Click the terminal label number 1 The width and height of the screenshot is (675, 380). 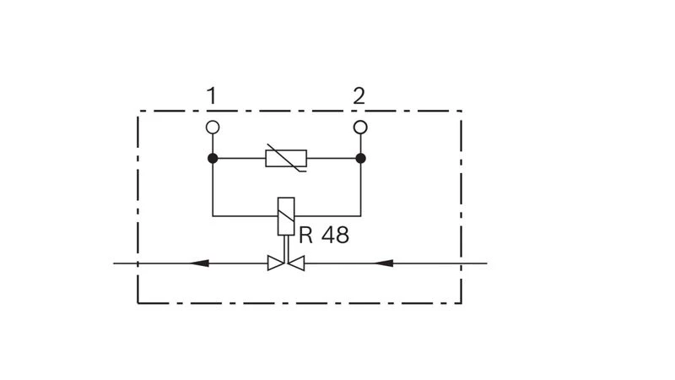(211, 95)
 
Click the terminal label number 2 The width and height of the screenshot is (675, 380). (359, 95)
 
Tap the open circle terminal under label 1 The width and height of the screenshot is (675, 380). (213, 128)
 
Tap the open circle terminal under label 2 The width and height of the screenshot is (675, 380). (360, 128)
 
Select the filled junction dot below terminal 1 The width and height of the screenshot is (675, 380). (213, 159)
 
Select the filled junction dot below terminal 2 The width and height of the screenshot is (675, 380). (361, 159)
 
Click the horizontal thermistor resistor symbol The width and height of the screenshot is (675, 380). (286, 158)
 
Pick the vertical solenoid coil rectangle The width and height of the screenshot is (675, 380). (286, 216)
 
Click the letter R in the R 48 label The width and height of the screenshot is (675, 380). (305, 236)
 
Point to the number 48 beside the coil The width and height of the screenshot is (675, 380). (335, 236)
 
